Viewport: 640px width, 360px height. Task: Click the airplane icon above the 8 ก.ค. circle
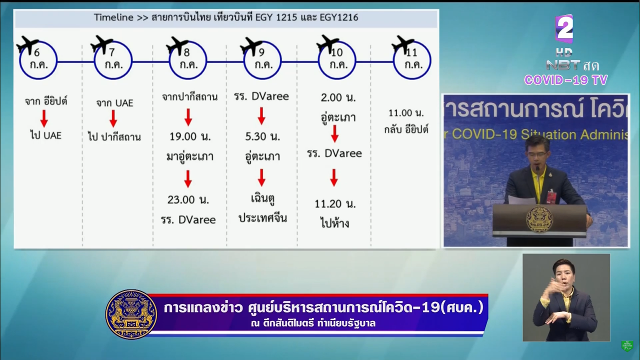177,45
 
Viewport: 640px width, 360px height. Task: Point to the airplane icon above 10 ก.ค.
327,44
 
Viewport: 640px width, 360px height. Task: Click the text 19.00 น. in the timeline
190,136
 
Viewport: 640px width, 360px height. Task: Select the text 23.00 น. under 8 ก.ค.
188,199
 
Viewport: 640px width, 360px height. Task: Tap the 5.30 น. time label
262,136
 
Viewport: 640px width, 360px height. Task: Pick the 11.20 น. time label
335,203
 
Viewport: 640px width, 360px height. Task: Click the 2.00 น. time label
338,97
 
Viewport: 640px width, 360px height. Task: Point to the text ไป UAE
46,135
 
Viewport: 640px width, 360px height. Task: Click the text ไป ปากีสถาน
114,137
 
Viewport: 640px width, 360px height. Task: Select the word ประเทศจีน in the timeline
262,218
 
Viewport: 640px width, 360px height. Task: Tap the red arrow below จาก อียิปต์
44,118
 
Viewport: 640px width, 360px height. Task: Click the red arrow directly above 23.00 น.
188,179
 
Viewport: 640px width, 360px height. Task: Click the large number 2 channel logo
564,28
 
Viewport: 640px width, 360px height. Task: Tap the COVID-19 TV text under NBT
566,80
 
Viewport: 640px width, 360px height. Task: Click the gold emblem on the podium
539,219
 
